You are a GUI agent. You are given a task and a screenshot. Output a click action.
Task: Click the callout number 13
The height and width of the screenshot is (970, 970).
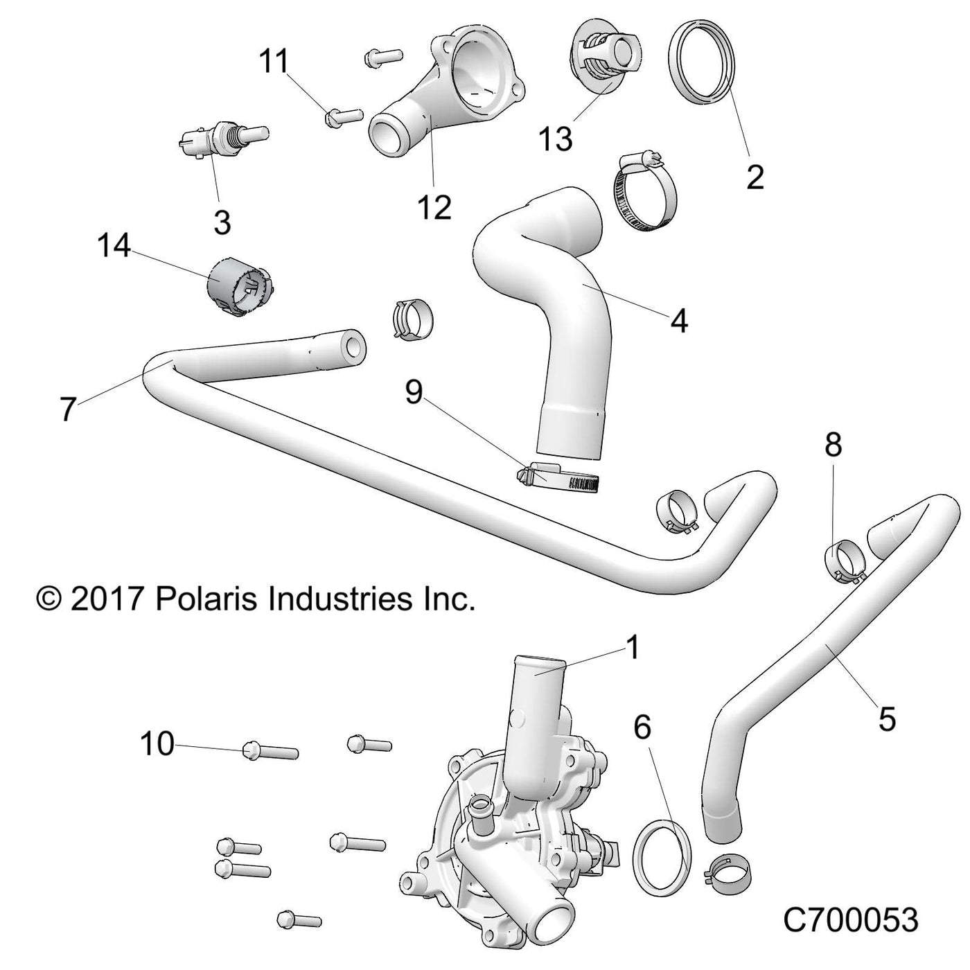pyautogui.click(x=556, y=139)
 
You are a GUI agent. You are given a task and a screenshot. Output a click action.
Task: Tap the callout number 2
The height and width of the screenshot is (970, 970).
pyautogui.click(x=755, y=177)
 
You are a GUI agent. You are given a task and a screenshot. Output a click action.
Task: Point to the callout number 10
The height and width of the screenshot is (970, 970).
pyautogui.click(x=157, y=744)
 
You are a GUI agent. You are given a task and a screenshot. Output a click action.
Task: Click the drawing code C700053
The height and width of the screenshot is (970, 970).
pyautogui.click(x=851, y=920)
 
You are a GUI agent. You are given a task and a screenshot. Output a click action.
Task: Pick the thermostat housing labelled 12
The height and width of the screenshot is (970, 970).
pyautogui.click(x=450, y=90)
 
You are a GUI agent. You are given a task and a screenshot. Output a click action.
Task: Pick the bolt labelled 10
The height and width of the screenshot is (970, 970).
pyautogui.click(x=270, y=750)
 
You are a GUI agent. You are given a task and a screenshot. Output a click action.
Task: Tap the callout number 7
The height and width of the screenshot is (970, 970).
pyautogui.click(x=67, y=409)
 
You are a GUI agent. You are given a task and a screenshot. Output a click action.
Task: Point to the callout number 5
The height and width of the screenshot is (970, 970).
pyautogui.click(x=887, y=718)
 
